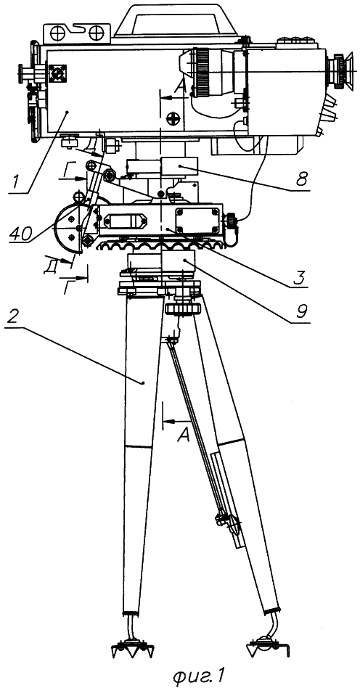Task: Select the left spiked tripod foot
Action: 131,647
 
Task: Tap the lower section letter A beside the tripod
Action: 184,435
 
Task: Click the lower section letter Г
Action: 68,287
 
